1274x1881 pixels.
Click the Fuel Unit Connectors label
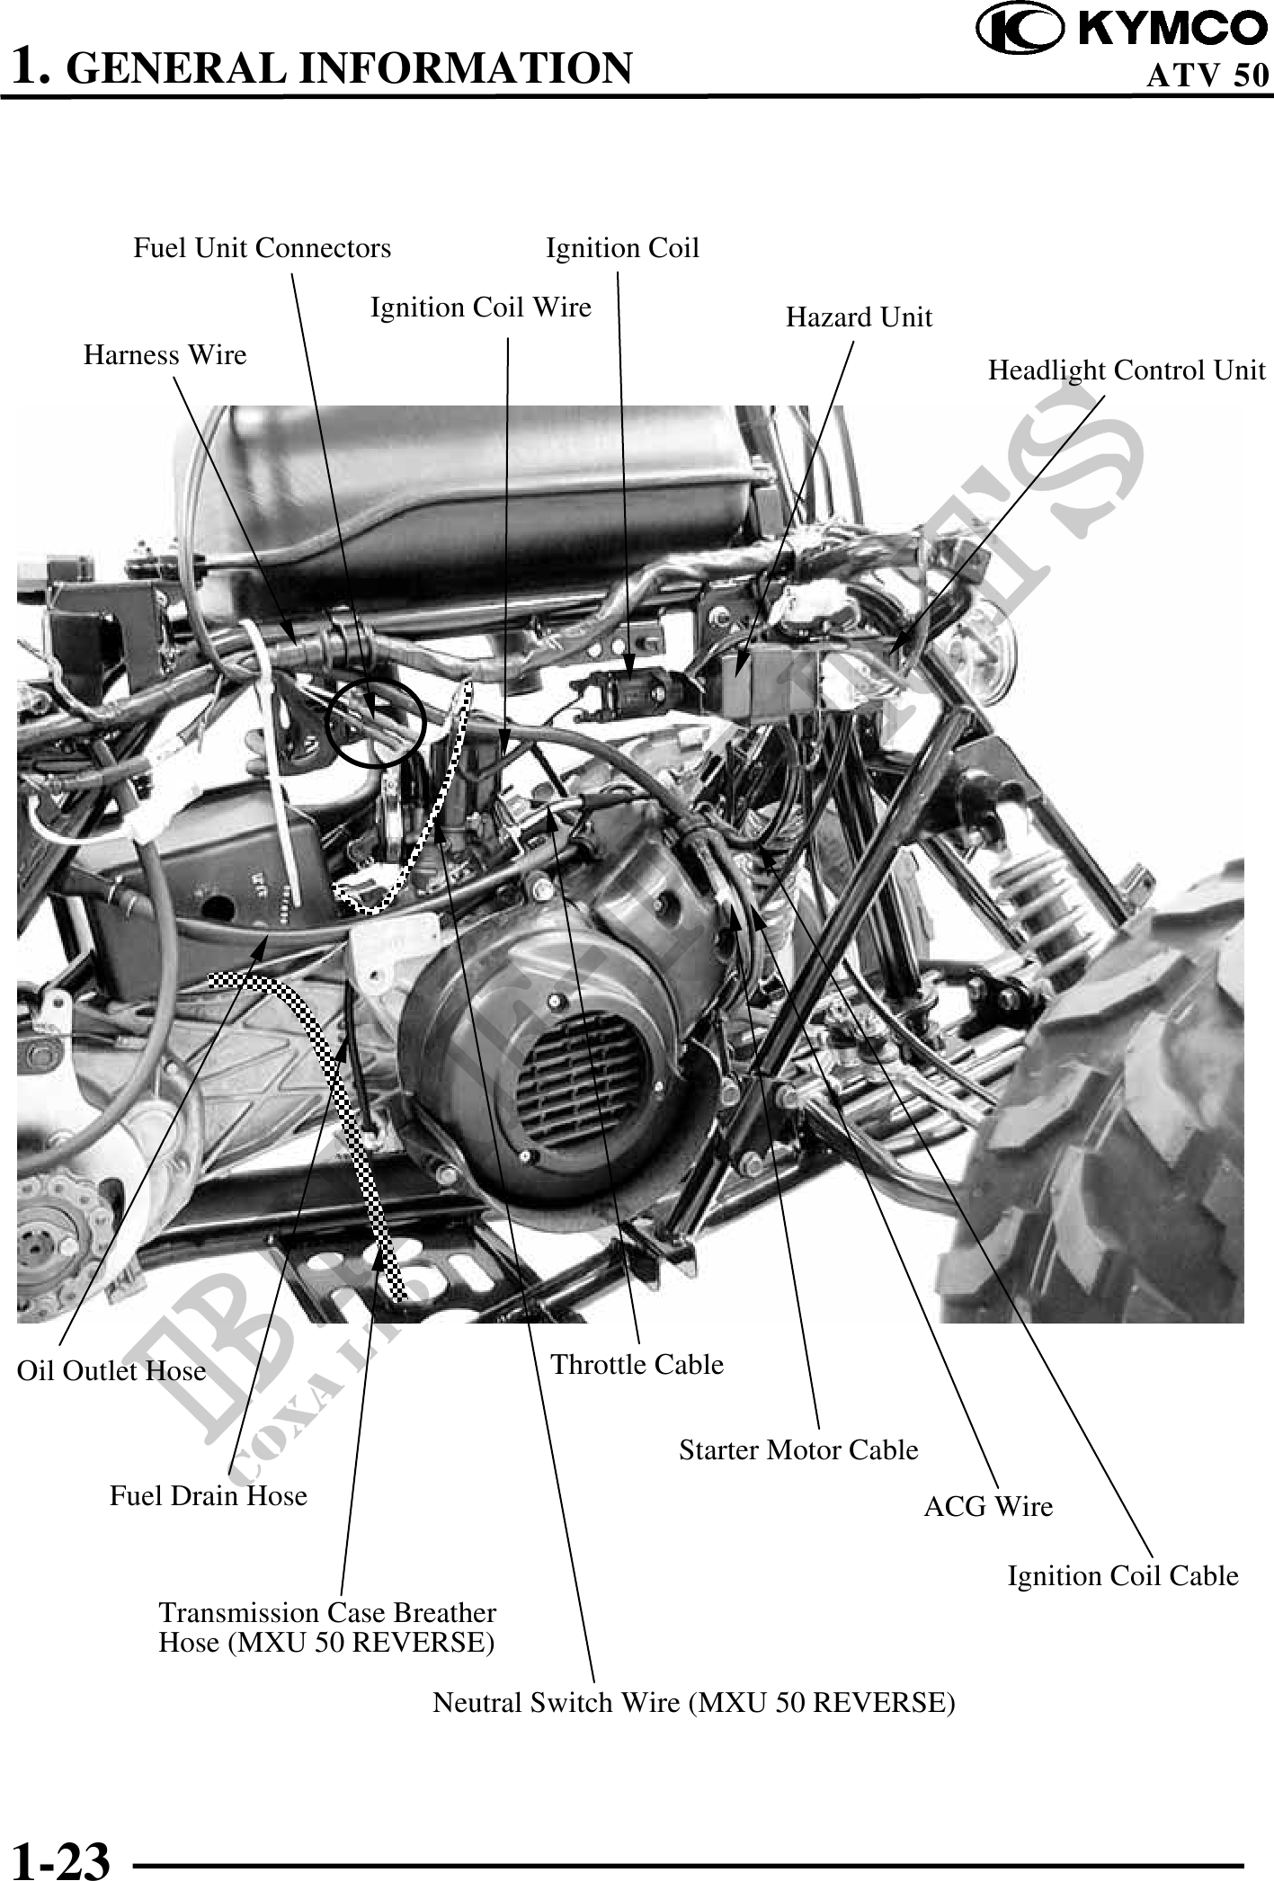click(x=263, y=248)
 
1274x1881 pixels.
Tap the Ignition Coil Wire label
click(x=481, y=308)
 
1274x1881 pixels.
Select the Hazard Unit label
click(x=859, y=317)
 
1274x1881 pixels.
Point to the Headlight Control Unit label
click(x=1126, y=370)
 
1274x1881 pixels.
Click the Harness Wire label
click(x=165, y=355)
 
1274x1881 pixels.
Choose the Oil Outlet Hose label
click(x=111, y=1371)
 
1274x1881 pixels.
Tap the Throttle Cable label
click(x=637, y=1365)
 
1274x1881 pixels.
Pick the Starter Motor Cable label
click(x=798, y=1450)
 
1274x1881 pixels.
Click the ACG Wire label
click(x=988, y=1507)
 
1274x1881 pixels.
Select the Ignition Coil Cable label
click(x=1122, y=1576)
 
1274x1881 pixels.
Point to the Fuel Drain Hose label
click(x=209, y=1496)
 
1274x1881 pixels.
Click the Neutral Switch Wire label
click(x=693, y=1703)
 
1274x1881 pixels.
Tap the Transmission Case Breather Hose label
click(x=327, y=1627)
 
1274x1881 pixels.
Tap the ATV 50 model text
click(x=1207, y=76)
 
